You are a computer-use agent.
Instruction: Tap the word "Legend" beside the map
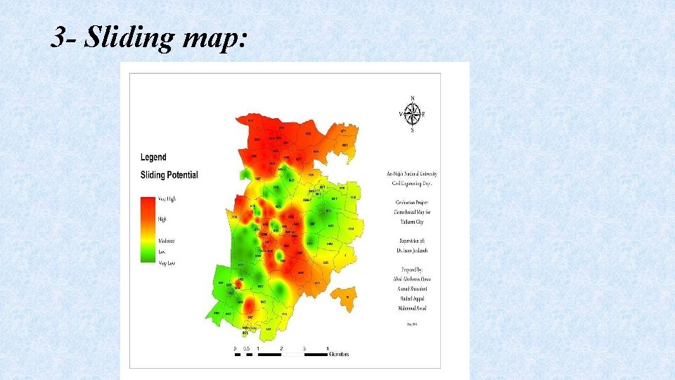point(153,157)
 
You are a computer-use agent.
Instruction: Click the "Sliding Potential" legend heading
point(169,175)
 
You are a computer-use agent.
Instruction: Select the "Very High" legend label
point(167,199)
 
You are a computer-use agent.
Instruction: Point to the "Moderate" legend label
point(166,241)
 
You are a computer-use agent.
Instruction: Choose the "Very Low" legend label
point(166,262)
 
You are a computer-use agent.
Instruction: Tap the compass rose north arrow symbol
point(412,114)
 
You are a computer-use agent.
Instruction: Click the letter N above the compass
point(412,98)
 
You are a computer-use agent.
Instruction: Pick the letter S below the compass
point(412,130)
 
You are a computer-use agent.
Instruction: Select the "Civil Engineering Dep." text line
point(412,183)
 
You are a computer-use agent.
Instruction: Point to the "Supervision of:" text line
point(412,240)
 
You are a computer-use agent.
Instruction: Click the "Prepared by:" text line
point(412,270)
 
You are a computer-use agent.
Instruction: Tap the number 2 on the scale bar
point(281,348)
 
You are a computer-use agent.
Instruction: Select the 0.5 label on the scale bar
point(246,348)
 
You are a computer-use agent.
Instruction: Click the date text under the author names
point(412,324)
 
